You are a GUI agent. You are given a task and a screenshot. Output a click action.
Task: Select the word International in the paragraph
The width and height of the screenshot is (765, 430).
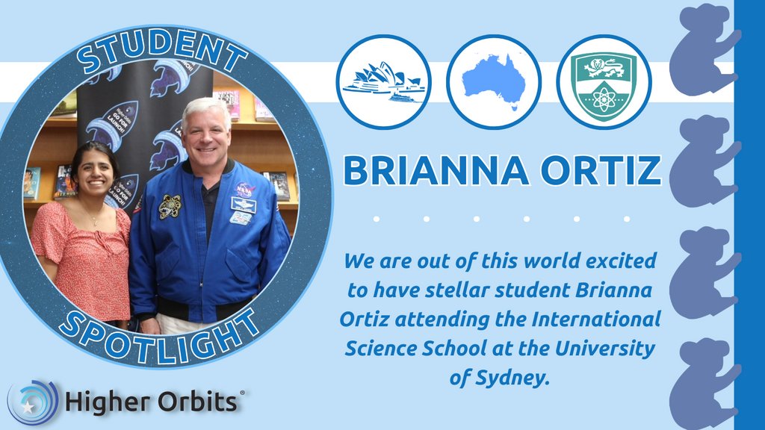point(597,320)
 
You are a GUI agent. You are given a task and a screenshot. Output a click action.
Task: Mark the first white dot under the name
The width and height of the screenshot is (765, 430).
point(377,219)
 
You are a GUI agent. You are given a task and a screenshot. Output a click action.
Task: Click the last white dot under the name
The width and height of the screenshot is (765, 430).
point(626,219)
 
